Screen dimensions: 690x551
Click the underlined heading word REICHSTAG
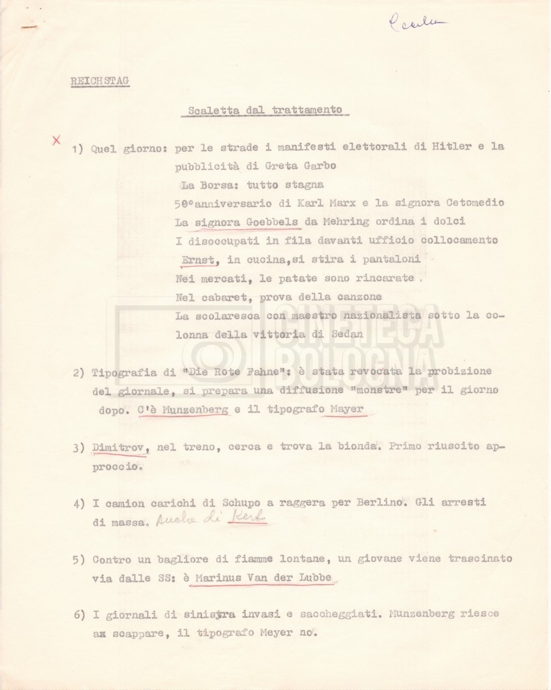point(100,82)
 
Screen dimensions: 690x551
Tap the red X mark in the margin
point(57,140)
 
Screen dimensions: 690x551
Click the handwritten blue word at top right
point(416,24)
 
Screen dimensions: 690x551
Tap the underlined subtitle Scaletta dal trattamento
point(265,111)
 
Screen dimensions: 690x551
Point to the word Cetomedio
point(470,203)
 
